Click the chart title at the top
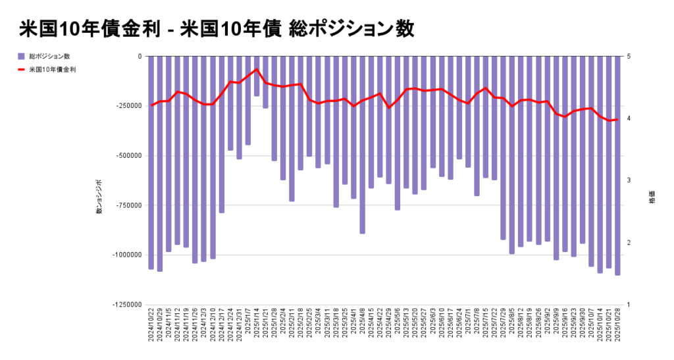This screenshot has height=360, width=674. click(x=217, y=29)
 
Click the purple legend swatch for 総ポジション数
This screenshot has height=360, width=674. click(x=21, y=56)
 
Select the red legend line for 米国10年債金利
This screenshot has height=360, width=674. click(x=21, y=69)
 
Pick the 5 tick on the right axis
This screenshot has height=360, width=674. click(x=629, y=57)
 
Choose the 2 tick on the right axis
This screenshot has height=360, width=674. click(x=629, y=243)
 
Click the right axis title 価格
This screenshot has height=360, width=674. click(x=652, y=197)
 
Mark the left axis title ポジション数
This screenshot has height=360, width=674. click(x=99, y=197)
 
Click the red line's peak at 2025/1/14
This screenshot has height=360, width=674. click(x=257, y=69)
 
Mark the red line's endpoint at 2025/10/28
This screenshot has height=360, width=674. click(x=617, y=119)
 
